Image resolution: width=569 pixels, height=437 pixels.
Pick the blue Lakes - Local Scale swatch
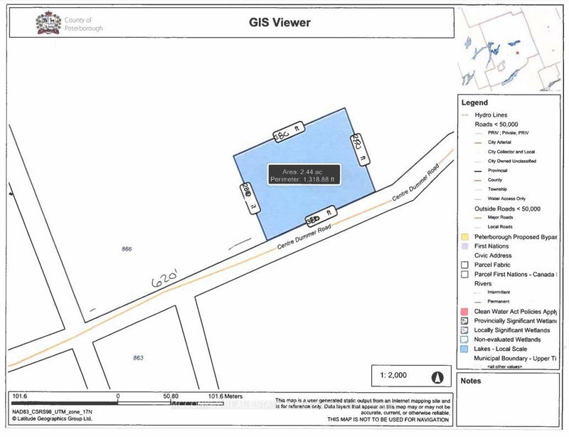[464, 349]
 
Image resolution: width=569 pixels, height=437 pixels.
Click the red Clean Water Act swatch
[464, 312]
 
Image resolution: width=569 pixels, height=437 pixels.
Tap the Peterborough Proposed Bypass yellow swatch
[464, 236]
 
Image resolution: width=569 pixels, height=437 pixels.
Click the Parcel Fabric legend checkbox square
[464, 264]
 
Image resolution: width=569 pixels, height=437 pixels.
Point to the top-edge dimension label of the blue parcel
[282, 132]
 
